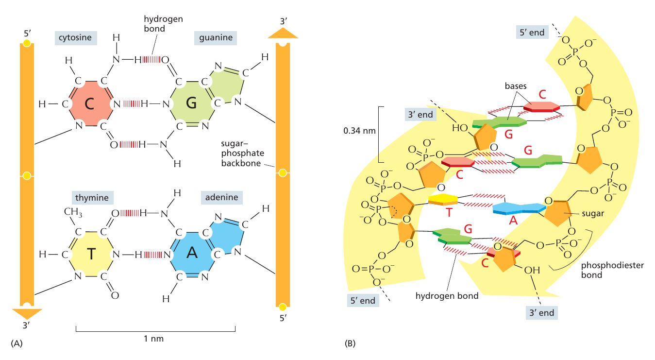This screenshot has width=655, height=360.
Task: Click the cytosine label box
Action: pyautogui.click(x=76, y=37)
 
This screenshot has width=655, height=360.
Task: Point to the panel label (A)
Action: pyautogui.click(x=16, y=343)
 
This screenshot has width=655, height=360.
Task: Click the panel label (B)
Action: pyautogui.click(x=350, y=343)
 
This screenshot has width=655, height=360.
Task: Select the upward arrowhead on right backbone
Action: pyautogui.click(x=283, y=33)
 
